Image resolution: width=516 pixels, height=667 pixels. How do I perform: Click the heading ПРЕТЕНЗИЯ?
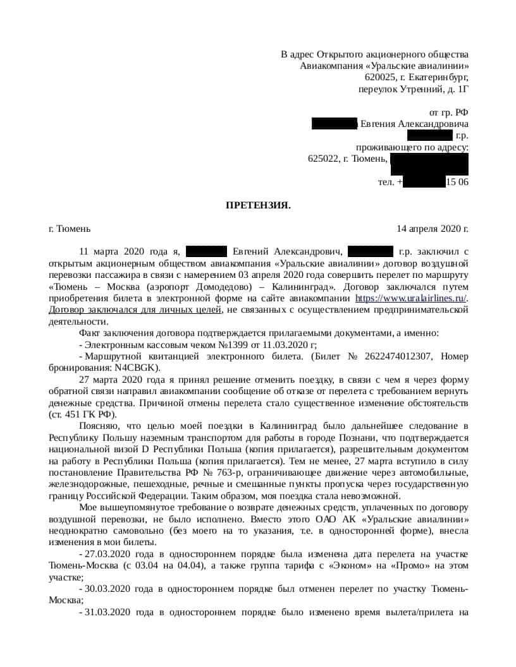tap(259, 205)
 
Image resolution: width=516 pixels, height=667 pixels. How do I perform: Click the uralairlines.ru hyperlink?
tap(411, 298)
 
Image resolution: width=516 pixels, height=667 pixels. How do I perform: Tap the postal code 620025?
tap(380, 78)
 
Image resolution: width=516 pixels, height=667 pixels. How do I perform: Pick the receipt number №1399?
tap(233, 344)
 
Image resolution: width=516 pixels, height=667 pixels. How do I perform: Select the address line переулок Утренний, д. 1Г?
tap(414, 89)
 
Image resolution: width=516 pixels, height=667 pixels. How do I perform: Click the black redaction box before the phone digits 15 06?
tap(424, 182)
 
